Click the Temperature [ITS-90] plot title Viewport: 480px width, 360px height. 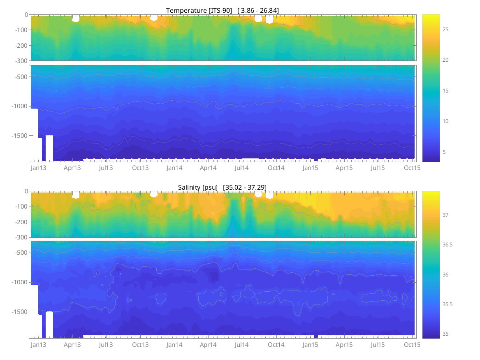tap(199, 10)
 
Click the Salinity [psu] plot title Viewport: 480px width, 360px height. tap(198, 187)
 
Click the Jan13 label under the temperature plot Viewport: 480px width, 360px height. tap(38, 168)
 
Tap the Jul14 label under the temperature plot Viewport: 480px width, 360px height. tap(241, 168)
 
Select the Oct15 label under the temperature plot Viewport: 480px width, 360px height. tap(412, 168)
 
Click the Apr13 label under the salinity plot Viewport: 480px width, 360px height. tap(72, 345)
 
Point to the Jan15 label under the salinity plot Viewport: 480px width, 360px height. tap(310, 345)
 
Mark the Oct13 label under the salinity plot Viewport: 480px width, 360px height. tap(140, 345)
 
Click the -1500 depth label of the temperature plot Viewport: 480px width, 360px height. tap(18, 136)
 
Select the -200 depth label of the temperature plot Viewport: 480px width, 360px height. tap(20, 45)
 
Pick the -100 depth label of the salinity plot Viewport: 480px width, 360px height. tap(20, 207)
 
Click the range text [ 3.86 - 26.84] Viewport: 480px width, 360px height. tap(258, 10)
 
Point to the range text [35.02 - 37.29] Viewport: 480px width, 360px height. tap(245, 187)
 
